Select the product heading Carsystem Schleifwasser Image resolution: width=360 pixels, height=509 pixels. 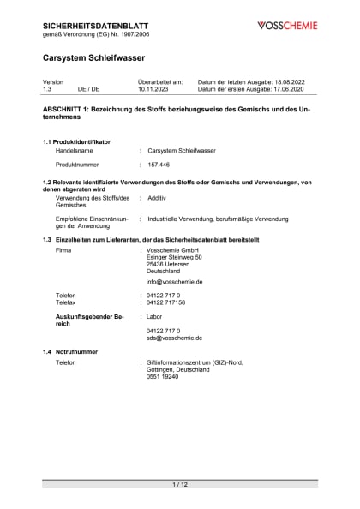tap(93, 57)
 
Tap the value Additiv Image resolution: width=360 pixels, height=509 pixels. tap(157, 198)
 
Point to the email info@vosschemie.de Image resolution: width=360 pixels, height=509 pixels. tap(174, 281)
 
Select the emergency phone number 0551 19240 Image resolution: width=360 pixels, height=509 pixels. tap(162, 376)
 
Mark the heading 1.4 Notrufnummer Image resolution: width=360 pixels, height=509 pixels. tap(70, 351)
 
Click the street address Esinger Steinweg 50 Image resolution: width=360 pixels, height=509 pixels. tap(174, 256)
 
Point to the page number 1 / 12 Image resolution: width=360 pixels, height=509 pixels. tap(180, 485)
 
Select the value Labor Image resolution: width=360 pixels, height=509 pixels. tap(155, 316)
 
